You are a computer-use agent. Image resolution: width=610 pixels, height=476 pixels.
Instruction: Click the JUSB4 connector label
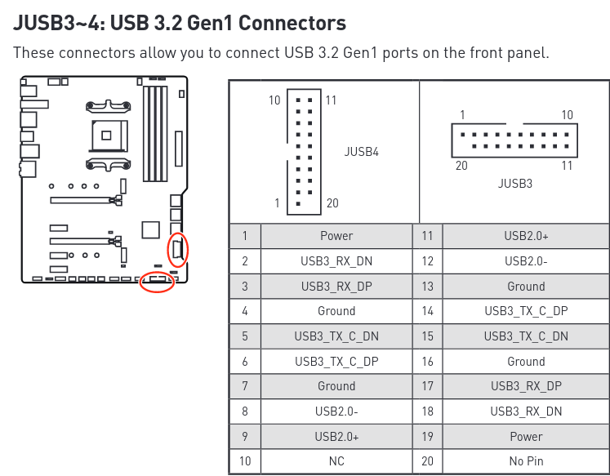tap(362, 151)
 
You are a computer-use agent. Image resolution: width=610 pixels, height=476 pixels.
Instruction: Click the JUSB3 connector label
tap(515, 183)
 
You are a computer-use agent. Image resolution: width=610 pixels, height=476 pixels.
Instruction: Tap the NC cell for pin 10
tap(336, 461)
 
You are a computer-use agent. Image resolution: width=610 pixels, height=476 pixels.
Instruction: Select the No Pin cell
tap(526, 461)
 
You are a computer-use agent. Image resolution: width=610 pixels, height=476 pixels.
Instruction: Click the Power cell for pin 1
tap(336, 236)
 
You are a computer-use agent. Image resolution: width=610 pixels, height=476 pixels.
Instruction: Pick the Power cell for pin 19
tap(526, 436)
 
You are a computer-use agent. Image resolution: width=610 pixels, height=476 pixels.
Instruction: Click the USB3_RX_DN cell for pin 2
tap(336, 261)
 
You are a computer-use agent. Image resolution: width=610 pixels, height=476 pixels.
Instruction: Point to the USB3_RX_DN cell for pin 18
tap(526, 411)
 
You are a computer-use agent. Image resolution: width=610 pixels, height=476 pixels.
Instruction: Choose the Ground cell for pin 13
tap(526, 287)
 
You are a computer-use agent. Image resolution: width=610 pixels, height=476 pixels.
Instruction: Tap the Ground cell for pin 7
tap(336, 386)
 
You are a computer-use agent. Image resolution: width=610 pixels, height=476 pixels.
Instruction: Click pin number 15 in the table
tap(427, 336)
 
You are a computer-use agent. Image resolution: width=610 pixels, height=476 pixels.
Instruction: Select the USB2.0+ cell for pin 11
tap(526, 236)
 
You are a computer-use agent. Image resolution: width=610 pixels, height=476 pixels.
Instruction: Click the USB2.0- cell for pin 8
tap(336, 411)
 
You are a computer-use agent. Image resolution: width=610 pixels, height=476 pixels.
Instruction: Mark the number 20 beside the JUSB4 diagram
tap(332, 203)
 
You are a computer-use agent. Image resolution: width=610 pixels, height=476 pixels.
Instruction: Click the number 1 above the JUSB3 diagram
tap(462, 115)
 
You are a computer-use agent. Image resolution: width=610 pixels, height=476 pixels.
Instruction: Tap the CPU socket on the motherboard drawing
tap(108, 136)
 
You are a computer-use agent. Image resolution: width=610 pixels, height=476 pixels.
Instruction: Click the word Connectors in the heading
tap(292, 23)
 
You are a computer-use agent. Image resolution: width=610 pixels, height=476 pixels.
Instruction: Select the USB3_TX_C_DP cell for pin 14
tap(526, 311)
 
